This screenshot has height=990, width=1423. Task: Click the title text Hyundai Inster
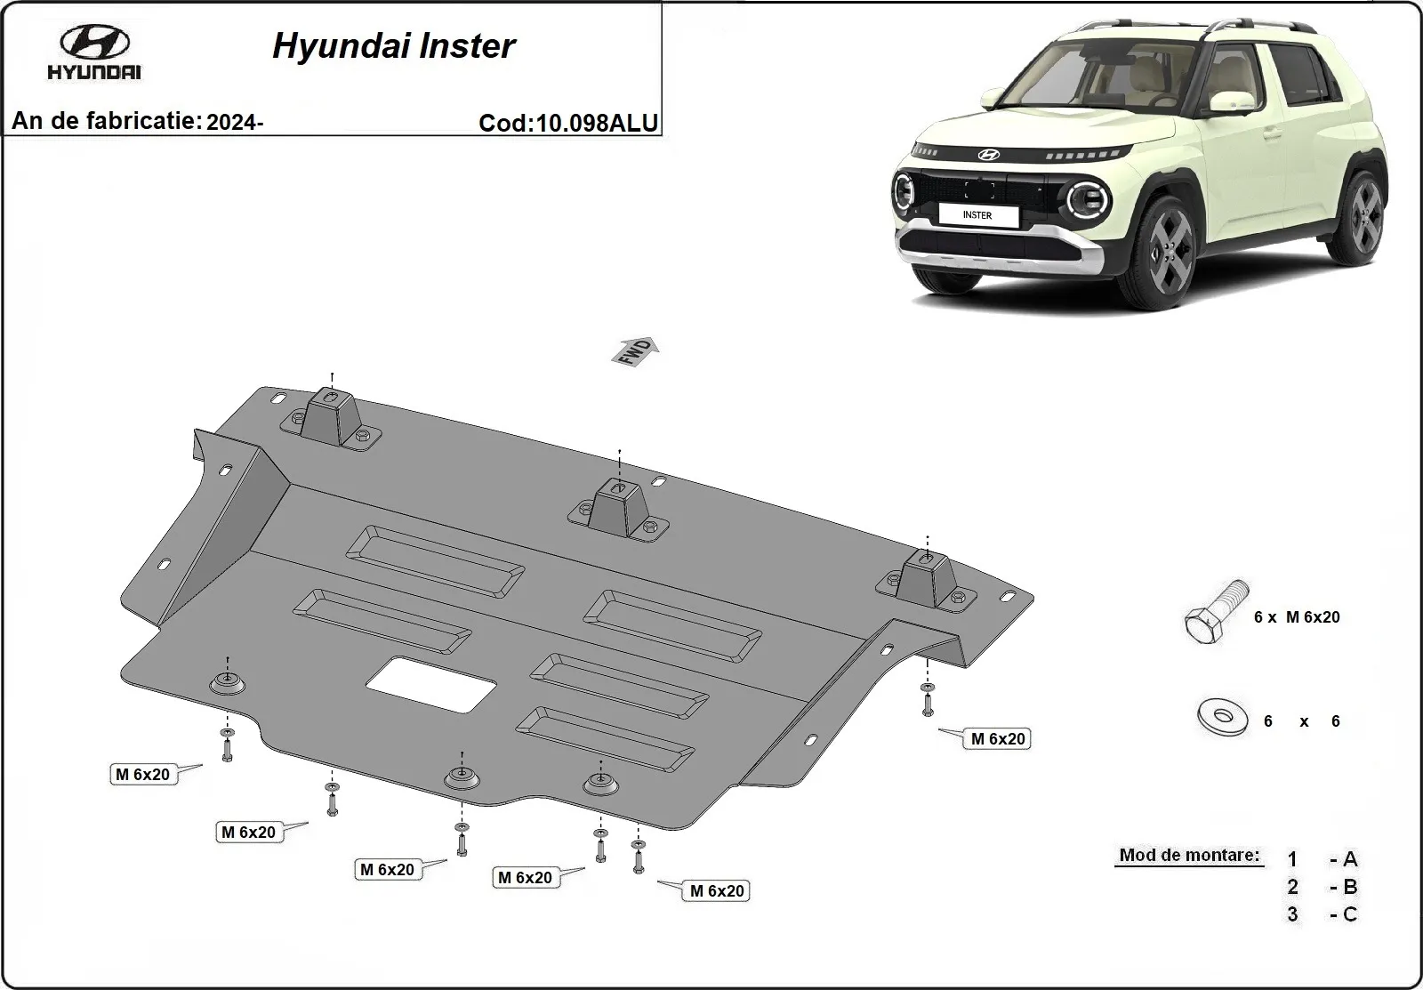(x=393, y=46)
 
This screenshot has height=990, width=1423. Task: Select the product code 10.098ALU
(x=594, y=123)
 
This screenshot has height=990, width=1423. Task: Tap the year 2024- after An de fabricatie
(x=234, y=123)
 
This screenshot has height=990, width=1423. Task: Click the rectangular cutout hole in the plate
(x=431, y=685)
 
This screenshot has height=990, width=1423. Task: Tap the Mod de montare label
(x=1189, y=856)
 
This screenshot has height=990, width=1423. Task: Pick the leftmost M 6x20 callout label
(x=142, y=774)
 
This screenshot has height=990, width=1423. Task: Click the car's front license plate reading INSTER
(x=977, y=214)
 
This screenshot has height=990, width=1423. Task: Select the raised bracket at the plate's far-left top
(x=331, y=416)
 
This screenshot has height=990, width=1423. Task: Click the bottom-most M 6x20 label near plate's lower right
(x=716, y=890)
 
